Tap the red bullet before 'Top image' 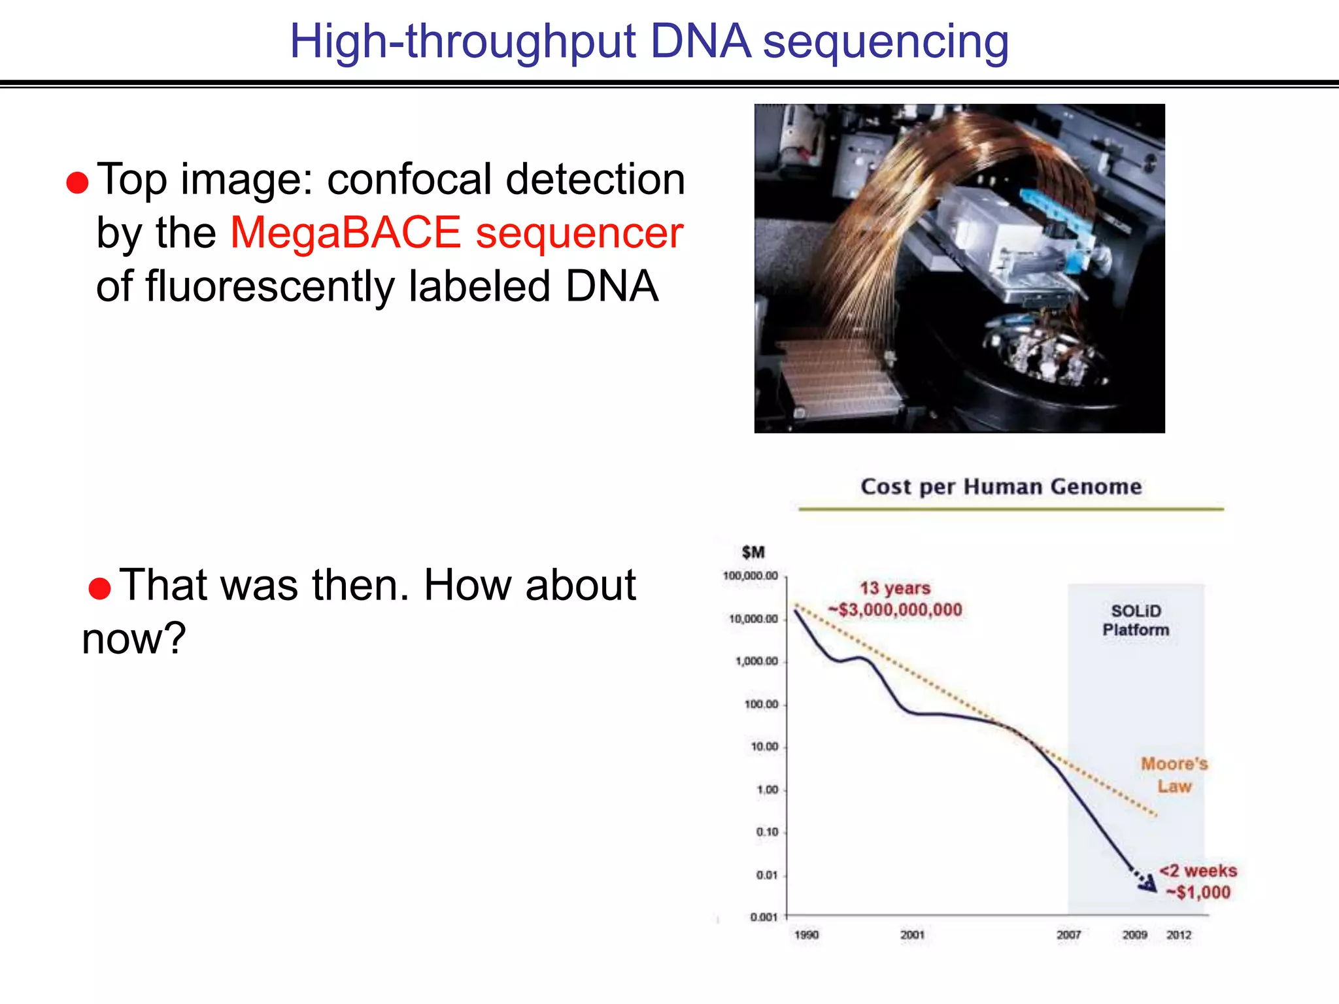77,183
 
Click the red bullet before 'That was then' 99,588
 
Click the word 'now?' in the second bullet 134,639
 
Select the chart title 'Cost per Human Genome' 1001,486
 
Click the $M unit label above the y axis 753,552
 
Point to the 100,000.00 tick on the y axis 750,576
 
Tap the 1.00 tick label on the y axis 767,790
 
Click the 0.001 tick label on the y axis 764,917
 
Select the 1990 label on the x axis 806,935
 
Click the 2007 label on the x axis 1068,935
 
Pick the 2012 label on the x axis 1179,935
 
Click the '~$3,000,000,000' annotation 895,610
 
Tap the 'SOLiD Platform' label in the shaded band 1136,620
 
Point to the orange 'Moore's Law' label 1174,775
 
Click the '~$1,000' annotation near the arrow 1198,892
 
